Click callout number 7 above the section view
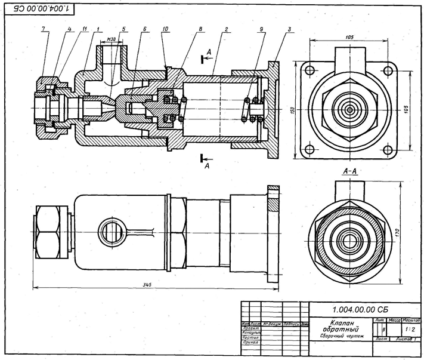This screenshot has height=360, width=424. [x=44, y=29]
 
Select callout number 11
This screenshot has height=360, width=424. [x=85, y=29]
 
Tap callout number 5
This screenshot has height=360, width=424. [x=123, y=29]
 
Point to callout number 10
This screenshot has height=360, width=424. [x=165, y=29]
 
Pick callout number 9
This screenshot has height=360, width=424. [x=261, y=29]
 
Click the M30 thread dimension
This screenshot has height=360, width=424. [x=111, y=40]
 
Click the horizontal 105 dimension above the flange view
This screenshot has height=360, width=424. [x=349, y=36]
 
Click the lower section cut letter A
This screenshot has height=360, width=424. [x=207, y=167]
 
